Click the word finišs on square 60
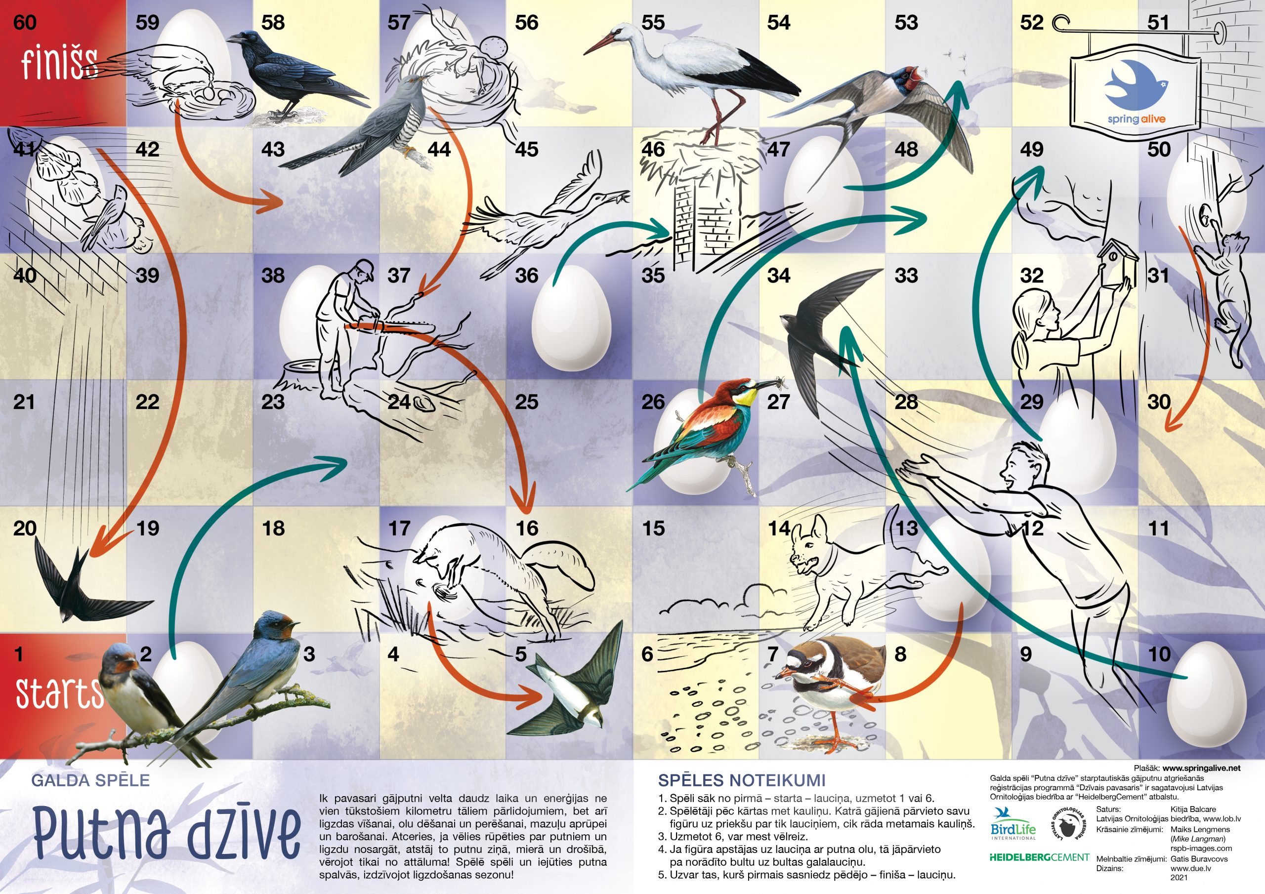point(58,63)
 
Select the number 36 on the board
point(526,276)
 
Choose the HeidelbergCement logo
point(1039,857)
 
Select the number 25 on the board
point(526,402)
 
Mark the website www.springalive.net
point(1202,769)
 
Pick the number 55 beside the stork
point(653,23)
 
